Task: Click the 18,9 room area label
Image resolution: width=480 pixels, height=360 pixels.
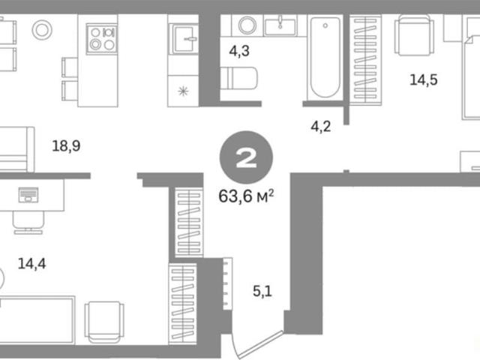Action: (x=67, y=145)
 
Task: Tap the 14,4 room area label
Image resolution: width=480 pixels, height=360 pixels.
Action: (x=31, y=263)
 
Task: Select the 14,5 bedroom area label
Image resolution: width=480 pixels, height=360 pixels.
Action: (x=424, y=80)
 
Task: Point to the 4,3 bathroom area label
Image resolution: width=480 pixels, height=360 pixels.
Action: (x=239, y=51)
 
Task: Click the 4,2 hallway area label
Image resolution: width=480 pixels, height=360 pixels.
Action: (x=321, y=126)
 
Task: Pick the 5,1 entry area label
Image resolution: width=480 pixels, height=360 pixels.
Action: (x=262, y=291)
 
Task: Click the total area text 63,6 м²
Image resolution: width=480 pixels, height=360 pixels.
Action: (x=246, y=196)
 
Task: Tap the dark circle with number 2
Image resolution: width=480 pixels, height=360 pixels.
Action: (x=246, y=157)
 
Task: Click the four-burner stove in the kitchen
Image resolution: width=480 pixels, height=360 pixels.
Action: (x=102, y=38)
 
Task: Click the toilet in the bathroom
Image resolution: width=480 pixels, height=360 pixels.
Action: (x=238, y=78)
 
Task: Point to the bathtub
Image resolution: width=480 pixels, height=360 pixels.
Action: (x=325, y=57)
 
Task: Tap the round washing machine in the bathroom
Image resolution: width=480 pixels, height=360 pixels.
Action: (x=247, y=25)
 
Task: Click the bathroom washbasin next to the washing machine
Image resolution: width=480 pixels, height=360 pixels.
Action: (x=280, y=27)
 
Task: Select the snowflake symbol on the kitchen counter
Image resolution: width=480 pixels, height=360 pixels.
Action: (x=183, y=91)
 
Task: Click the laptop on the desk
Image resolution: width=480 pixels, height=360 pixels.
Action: (x=28, y=195)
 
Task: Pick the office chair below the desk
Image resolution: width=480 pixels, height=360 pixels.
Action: (x=28, y=222)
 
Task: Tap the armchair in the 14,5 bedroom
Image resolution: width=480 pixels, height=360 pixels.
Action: (x=414, y=35)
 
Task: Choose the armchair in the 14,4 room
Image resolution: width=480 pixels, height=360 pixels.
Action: (x=104, y=322)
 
